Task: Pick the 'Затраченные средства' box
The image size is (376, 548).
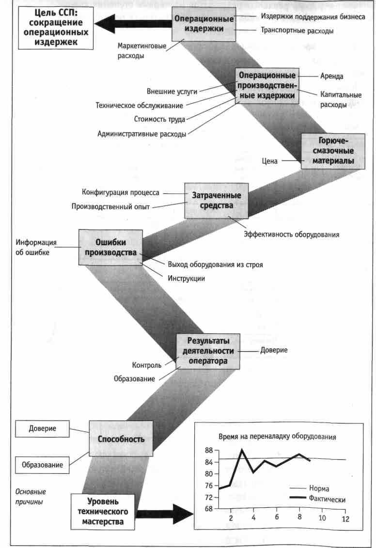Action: point(217,200)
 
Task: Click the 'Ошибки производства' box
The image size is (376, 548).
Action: point(111,247)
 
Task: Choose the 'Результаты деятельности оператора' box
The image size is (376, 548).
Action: point(208,350)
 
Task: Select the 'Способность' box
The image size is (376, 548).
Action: point(121,439)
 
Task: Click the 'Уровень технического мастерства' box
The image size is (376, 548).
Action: point(103,511)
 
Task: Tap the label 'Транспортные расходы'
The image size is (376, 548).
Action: point(297,31)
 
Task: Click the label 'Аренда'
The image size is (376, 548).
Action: point(332,76)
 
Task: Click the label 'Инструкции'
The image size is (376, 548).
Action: point(187,279)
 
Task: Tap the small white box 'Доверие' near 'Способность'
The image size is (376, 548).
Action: point(43,428)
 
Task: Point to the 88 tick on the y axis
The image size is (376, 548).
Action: point(209,451)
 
